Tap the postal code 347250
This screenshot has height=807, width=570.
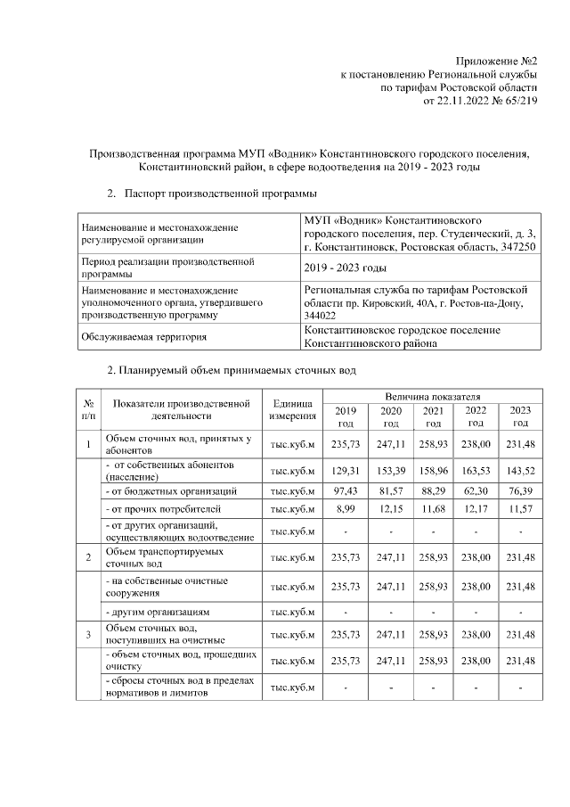click(516, 247)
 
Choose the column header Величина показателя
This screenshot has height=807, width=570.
click(433, 395)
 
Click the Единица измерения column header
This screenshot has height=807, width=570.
click(293, 409)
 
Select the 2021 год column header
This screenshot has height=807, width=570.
click(433, 416)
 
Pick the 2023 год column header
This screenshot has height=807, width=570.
click(520, 416)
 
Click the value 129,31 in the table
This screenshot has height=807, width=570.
click(345, 470)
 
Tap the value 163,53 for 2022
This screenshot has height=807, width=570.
click(476, 470)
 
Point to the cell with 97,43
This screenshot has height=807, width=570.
click(345, 491)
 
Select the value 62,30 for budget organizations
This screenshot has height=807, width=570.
click(476, 491)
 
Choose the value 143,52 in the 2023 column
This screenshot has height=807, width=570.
click(520, 470)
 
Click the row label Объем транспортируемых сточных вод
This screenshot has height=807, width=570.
click(152, 557)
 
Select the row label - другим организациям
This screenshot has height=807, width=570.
click(158, 613)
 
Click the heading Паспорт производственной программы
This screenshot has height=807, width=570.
click(219, 193)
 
